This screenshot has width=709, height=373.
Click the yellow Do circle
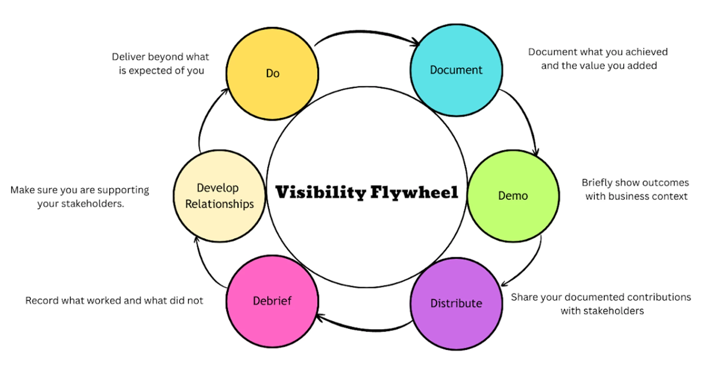click(x=272, y=74)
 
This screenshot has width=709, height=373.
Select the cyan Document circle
click(x=456, y=70)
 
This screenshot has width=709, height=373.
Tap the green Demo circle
click(x=513, y=196)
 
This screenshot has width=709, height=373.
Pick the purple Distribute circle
click(x=456, y=303)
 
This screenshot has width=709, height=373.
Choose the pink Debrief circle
click(x=272, y=301)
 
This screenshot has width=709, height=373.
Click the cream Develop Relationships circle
click(x=219, y=196)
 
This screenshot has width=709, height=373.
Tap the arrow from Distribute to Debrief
click(x=365, y=329)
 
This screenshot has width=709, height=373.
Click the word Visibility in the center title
click(x=320, y=192)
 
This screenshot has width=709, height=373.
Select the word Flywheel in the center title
click(x=414, y=192)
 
